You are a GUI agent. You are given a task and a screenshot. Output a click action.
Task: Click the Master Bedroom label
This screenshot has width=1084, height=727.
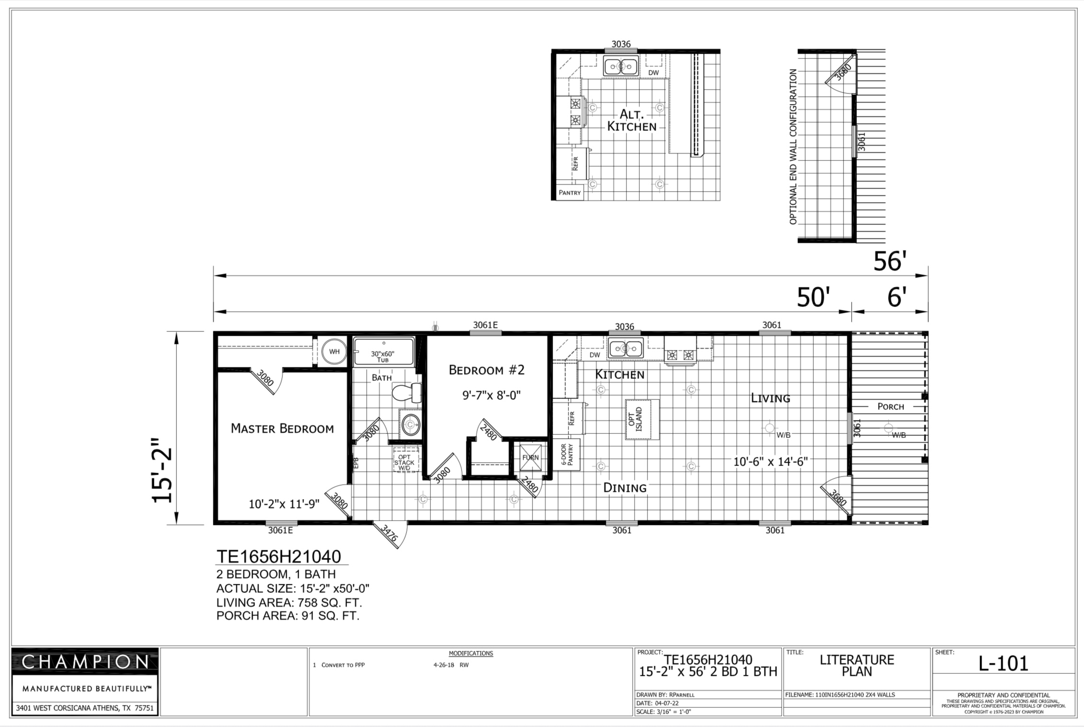[282, 428]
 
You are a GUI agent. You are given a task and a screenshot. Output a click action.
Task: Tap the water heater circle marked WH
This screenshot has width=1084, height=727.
[334, 352]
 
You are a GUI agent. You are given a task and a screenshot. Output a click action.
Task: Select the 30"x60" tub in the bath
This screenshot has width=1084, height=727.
[383, 352]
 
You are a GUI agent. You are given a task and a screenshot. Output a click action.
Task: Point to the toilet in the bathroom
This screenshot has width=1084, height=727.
[407, 393]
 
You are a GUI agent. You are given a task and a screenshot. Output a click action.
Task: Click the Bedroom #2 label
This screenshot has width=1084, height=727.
[487, 370]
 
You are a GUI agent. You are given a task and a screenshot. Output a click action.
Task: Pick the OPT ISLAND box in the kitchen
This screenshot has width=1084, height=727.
[642, 420]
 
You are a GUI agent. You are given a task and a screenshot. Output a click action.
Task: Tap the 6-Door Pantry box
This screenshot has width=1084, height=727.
[567, 454]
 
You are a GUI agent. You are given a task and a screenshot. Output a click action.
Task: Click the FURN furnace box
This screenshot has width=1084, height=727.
[530, 457]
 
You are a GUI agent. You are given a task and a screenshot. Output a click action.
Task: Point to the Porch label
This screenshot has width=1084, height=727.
[890, 407]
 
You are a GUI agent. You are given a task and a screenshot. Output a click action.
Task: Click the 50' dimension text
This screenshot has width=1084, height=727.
[813, 297]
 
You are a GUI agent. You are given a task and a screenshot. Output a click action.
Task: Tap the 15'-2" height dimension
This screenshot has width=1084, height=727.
[162, 470]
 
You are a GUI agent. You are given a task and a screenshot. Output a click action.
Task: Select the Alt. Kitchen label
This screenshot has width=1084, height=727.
[632, 120]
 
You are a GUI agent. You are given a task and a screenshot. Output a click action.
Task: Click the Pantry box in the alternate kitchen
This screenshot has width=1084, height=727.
[570, 193]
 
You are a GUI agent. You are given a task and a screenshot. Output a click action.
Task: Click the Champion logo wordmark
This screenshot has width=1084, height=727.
[85, 662]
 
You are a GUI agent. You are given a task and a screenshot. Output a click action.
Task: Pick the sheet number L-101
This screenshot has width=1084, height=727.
[1003, 664]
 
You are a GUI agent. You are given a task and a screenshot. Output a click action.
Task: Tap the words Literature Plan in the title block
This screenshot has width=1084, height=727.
[857, 666]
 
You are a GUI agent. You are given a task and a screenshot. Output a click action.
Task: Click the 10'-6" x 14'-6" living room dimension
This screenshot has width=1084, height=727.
[771, 462]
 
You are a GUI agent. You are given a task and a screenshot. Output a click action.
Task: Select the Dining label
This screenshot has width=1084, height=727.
[625, 488]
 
